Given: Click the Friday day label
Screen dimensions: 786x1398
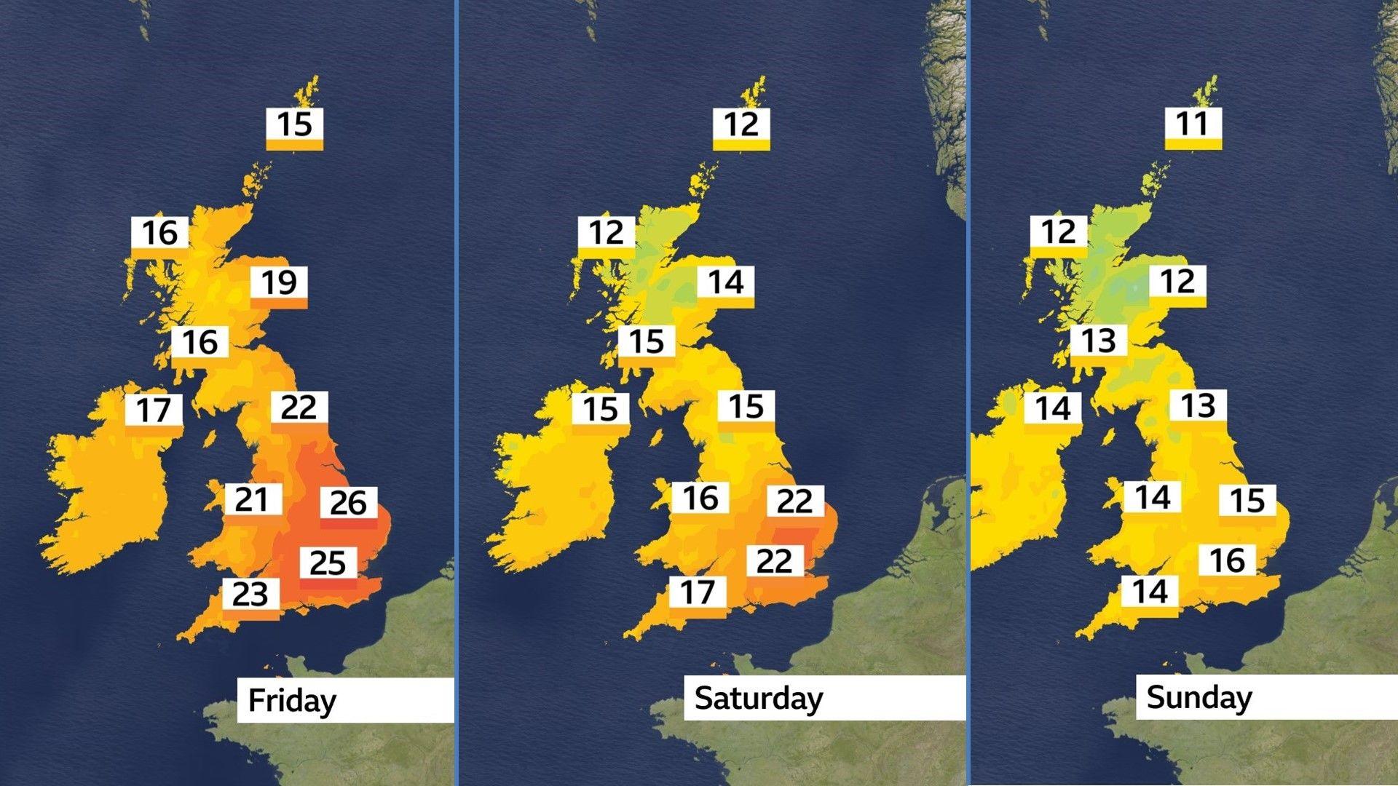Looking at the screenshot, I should pyautogui.click(x=292, y=701).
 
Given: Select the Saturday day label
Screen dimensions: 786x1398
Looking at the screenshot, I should pyautogui.click(x=759, y=698).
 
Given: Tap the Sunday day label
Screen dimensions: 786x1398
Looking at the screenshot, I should pyautogui.click(x=1198, y=697).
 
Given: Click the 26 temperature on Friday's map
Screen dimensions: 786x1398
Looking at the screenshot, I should pyautogui.click(x=348, y=503).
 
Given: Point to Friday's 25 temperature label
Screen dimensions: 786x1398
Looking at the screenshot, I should pyautogui.click(x=328, y=563).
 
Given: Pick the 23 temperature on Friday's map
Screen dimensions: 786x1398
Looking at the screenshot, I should pyautogui.click(x=250, y=595).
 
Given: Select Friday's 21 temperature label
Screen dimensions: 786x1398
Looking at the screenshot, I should pyautogui.click(x=252, y=500).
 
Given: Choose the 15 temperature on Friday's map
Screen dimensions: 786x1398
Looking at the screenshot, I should pyautogui.click(x=294, y=124).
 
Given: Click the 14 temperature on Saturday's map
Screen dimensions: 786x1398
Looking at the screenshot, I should pyautogui.click(x=726, y=282).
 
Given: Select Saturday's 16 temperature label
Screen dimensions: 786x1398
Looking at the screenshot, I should pyautogui.click(x=700, y=499).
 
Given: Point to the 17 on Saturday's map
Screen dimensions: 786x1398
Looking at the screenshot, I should pyautogui.click(x=698, y=592).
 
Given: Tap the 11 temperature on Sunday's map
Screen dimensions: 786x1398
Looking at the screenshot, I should pyautogui.click(x=1193, y=124).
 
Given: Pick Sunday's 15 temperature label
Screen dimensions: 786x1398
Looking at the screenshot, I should pyautogui.click(x=1247, y=501).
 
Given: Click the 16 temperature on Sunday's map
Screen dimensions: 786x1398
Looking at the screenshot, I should pyautogui.click(x=1227, y=560).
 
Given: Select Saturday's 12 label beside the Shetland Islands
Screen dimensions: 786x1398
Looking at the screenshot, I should pyautogui.click(x=741, y=124).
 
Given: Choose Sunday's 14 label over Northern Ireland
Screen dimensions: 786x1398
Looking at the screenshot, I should pyautogui.click(x=1053, y=408).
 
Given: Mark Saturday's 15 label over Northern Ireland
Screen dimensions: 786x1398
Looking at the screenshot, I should pyautogui.click(x=601, y=409).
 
